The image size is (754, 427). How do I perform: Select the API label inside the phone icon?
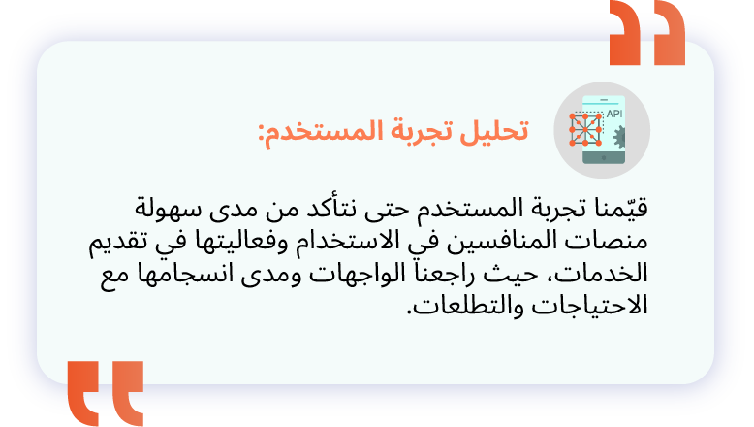[x=614, y=115]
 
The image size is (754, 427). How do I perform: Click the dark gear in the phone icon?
[x=619, y=137]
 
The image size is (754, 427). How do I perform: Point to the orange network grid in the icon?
[x=585, y=129]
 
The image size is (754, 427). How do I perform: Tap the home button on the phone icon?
[x=604, y=158]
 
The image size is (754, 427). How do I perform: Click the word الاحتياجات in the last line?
[x=589, y=306]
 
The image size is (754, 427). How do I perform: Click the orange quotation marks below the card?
[x=106, y=393]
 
